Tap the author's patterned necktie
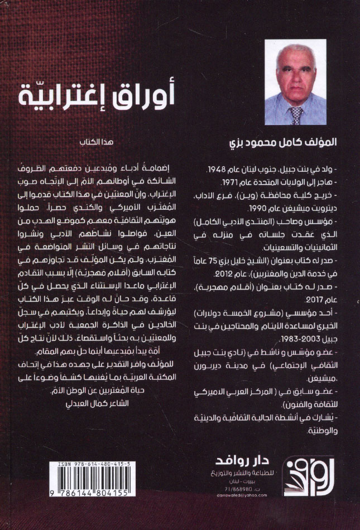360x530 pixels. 296,114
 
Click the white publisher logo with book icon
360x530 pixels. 299,484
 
